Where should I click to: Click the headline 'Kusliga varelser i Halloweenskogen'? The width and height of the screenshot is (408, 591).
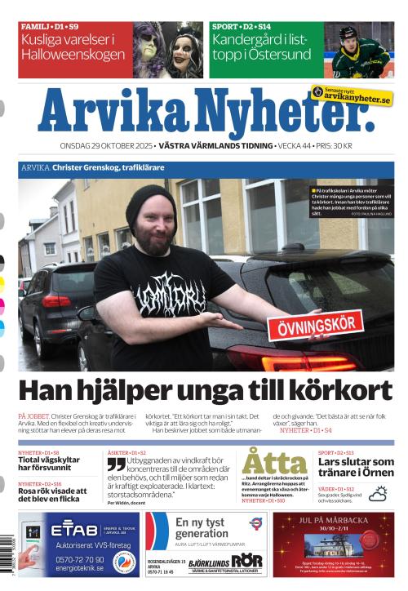tap(69, 48)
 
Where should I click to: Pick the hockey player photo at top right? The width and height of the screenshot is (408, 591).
tap(358, 50)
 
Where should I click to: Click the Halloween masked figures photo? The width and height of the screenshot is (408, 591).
tap(167, 50)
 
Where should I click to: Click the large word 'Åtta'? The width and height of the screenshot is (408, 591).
tap(273, 462)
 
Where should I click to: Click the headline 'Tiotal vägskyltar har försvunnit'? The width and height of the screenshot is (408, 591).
tap(51, 464)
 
